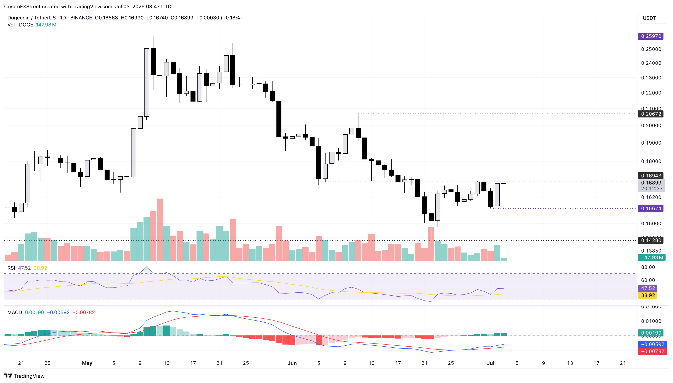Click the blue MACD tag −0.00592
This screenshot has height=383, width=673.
tap(652, 344)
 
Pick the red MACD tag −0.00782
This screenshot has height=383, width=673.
tap(652, 351)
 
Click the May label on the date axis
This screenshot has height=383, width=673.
tap(87, 363)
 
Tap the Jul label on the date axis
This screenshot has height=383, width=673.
tap(490, 363)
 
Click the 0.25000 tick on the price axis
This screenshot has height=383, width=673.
tap(651, 49)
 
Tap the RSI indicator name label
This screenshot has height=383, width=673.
tap(11, 268)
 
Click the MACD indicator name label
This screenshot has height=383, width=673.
tap(14, 312)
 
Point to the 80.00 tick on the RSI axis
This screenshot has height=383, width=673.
tap(648, 267)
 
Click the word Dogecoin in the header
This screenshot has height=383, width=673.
tap(18, 18)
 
